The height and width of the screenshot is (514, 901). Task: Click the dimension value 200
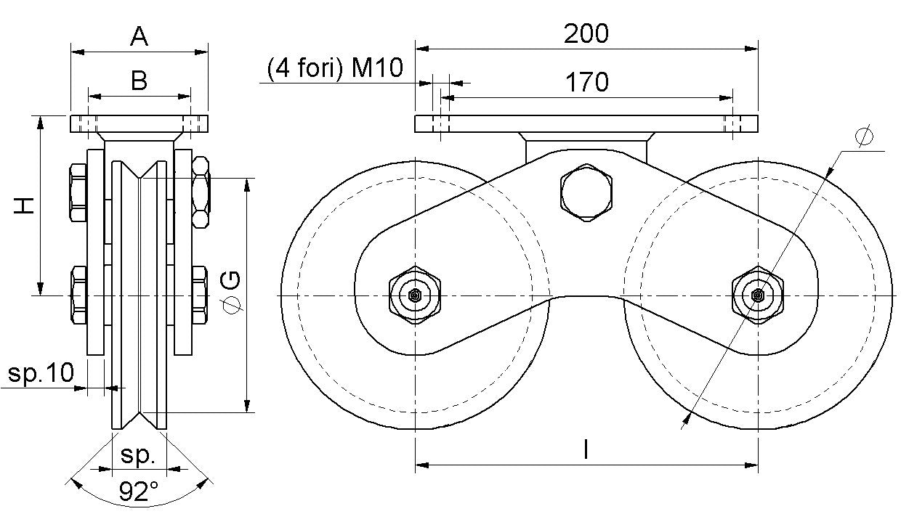point(586,33)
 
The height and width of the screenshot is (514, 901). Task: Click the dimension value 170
point(586,82)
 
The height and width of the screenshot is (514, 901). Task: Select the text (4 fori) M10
point(334,68)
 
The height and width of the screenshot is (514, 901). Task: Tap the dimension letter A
point(139,36)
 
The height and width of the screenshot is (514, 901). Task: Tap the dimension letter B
point(139,81)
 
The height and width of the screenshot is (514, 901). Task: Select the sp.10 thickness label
point(41,373)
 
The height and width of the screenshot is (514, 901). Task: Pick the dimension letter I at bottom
point(586,450)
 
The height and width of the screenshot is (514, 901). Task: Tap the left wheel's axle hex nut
point(415,295)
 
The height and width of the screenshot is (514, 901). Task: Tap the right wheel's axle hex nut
point(758,295)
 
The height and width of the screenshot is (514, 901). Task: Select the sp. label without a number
point(139,455)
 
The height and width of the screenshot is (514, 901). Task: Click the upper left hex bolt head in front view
point(77,193)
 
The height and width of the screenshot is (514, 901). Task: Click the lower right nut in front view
point(200,295)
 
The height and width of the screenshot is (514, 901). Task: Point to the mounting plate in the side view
point(586,124)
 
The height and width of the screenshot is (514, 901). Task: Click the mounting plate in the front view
point(139,124)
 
